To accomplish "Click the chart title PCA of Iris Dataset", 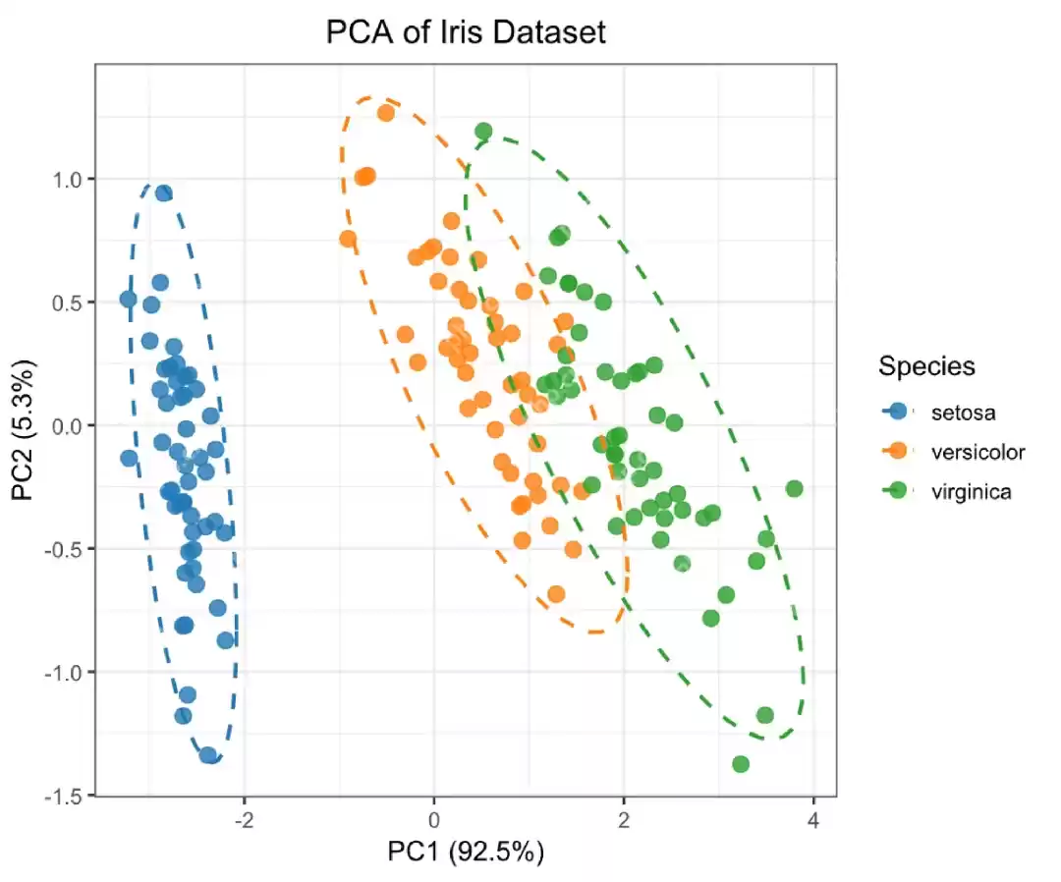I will tap(466, 32).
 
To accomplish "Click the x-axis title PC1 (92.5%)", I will tap(466, 851).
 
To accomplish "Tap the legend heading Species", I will tap(926, 366).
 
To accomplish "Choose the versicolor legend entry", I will tap(977, 452).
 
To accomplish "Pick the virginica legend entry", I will tap(971, 492).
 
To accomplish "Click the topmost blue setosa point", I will tap(164, 193).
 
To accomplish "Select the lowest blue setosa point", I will tap(208, 755).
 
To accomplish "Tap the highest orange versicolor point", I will tap(386, 113).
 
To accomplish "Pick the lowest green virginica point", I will tap(741, 764).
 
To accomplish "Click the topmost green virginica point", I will tap(483, 131).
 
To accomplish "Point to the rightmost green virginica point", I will tap(794, 488).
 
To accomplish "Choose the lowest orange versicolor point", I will tap(556, 594).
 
